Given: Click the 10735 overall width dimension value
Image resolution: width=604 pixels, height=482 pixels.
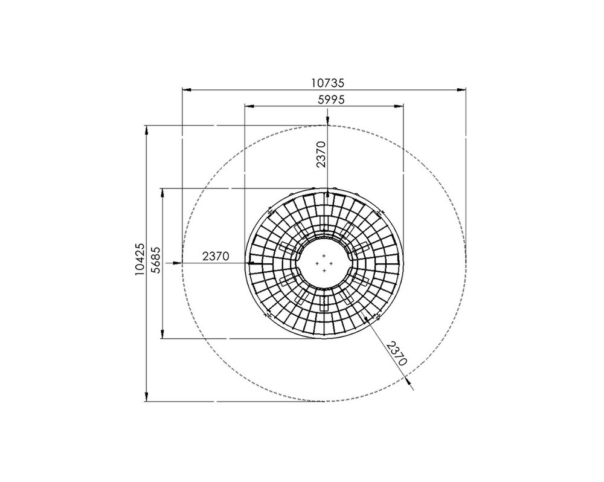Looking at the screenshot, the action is pos(327,83).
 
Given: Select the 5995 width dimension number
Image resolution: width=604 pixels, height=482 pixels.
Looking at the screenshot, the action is pos(331,100).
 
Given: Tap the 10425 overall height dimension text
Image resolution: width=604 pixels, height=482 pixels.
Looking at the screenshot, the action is pos(140,259).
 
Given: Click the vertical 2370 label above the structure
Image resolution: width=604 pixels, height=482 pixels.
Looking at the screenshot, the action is pos(321,154).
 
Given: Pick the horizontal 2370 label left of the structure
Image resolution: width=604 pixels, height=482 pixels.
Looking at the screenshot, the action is pos(216,256).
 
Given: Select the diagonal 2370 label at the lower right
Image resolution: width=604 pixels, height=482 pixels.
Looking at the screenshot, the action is pos(397,353).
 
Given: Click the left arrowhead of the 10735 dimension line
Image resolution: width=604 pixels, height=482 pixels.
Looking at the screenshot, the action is pos(187,90).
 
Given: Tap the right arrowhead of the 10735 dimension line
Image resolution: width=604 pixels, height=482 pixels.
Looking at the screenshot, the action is pos(461,90).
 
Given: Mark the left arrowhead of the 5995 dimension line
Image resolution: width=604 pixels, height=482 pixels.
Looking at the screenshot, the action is pos(249,105).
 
